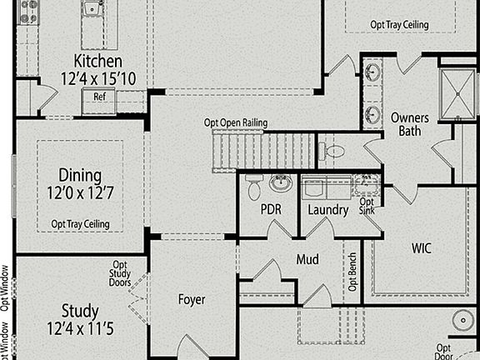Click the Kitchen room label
[97, 61]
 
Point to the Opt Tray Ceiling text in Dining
[80, 224]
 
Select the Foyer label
[192, 299]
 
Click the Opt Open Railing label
[236, 122]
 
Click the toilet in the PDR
[254, 189]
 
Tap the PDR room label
[271, 209]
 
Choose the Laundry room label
[327, 209]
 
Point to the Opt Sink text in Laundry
[366, 207]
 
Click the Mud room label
[307, 260]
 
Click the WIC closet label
[422, 247]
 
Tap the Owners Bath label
[409, 124]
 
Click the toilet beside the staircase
[332, 152]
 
